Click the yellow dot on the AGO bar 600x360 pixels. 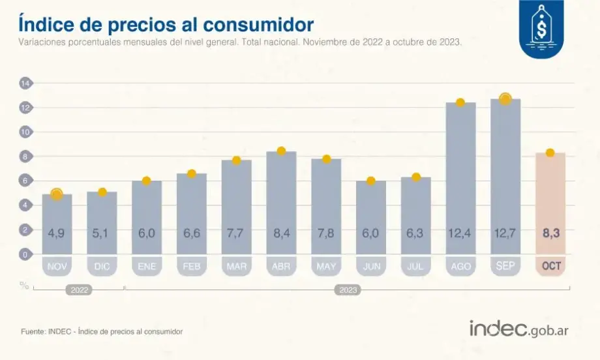[460, 102]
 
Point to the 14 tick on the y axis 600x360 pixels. [25, 83]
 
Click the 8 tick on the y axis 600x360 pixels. [25, 157]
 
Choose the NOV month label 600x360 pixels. [57, 267]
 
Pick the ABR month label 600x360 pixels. [281, 267]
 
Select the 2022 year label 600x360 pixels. [78, 290]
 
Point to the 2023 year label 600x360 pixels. [348, 290]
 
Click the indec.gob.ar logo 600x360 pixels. [518, 329]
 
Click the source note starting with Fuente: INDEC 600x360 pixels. [102, 331]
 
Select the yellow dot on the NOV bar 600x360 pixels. [57, 194]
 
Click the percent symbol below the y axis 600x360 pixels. [24, 285]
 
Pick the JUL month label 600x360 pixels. [415, 267]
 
